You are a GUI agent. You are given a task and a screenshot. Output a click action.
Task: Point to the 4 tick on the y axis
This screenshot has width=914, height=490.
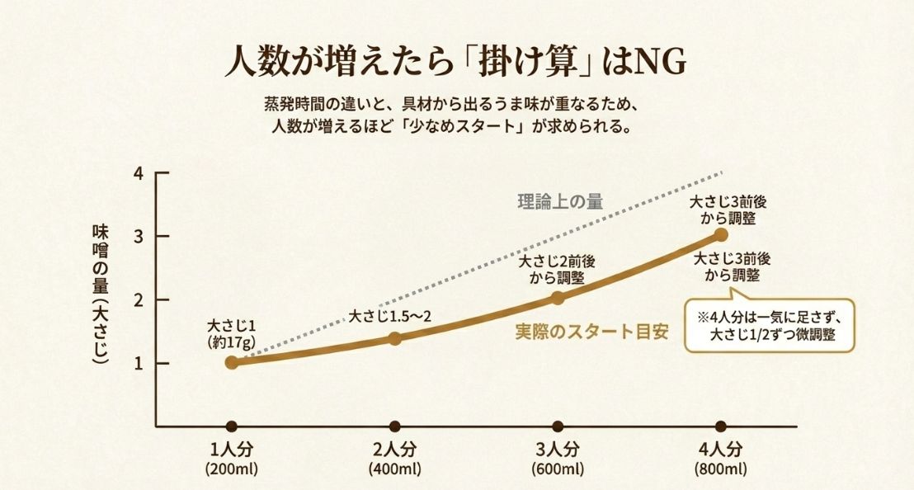(x=139, y=173)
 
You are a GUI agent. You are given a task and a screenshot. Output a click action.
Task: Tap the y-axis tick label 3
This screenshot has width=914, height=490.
(x=139, y=237)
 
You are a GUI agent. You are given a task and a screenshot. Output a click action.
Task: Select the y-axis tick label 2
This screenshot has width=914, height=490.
(x=139, y=300)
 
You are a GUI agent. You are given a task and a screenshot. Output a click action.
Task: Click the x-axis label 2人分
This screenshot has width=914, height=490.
(x=394, y=450)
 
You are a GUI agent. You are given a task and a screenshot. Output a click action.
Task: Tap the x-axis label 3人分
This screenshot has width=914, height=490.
(x=558, y=450)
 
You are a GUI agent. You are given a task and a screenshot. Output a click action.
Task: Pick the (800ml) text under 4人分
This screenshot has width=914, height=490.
(x=721, y=469)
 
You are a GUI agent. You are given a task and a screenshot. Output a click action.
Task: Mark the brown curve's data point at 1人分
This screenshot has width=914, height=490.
(x=232, y=362)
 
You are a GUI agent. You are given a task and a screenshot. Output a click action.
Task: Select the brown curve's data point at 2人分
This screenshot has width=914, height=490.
(x=394, y=338)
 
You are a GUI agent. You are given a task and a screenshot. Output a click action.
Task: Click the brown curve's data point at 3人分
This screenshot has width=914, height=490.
(x=558, y=298)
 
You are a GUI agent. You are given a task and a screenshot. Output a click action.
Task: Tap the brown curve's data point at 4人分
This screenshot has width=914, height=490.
(x=721, y=234)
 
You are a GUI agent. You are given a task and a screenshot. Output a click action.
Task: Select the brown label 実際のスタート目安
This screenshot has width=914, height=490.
(x=591, y=332)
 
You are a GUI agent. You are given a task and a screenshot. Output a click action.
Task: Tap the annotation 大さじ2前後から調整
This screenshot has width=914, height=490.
(x=557, y=269)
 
